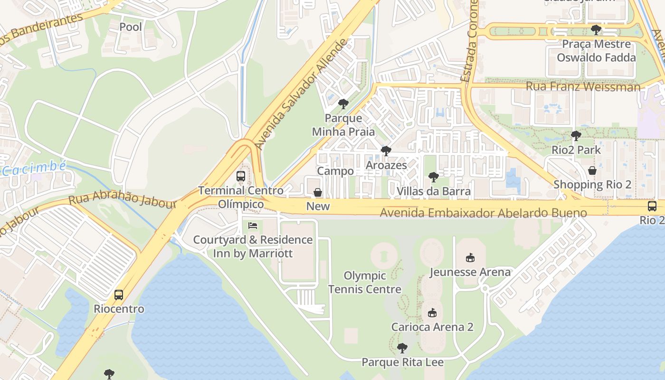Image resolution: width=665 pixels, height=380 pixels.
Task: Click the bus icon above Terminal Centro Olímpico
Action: pyautogui.click(x=241, y=176)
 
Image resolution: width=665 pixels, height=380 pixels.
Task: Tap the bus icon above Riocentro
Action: pyautogui.click(x=119, y=295)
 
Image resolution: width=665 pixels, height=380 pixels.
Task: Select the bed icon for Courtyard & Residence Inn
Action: pyautogui.click(x=253, y=225)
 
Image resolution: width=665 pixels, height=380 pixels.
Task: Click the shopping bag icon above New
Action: pyautogui.click(x=318, y=192)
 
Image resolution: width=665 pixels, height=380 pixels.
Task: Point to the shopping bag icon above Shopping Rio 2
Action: pyautogui.click(x=592, y=170)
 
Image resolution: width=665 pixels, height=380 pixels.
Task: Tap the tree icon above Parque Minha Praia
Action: pyautogui.click(x=343, y=104)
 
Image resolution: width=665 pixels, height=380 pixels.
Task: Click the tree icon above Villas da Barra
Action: pyautogui.click(x=433, y=177)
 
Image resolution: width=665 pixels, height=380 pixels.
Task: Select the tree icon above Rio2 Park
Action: pyautogui.click(x=576, y=136)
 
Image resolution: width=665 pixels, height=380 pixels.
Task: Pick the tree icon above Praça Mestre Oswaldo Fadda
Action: pyautogui.click(x=596, y=30)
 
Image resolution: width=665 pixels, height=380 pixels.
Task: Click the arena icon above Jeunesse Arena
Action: pyautogui.click(x=470, y=258)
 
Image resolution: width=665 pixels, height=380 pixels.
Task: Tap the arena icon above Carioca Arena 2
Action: pyautogui.click(x=432, y=313)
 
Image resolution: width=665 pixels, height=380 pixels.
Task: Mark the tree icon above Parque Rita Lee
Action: pyautogui.click(x=402, y=348)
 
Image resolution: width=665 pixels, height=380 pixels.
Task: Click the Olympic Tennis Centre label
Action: pyautogui.click(x=365, y=282)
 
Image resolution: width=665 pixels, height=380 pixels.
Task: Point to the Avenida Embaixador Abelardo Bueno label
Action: pyautogui.click(x=483, y=212)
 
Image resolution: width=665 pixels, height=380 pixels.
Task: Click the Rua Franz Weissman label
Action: pyautogui.click(x=583, y=86)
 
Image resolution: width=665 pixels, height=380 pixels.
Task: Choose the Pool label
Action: pyautogui.click(x=131, y=27)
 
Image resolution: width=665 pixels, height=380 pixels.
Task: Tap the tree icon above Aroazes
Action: pyautogui.click(x=386, y=151)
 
